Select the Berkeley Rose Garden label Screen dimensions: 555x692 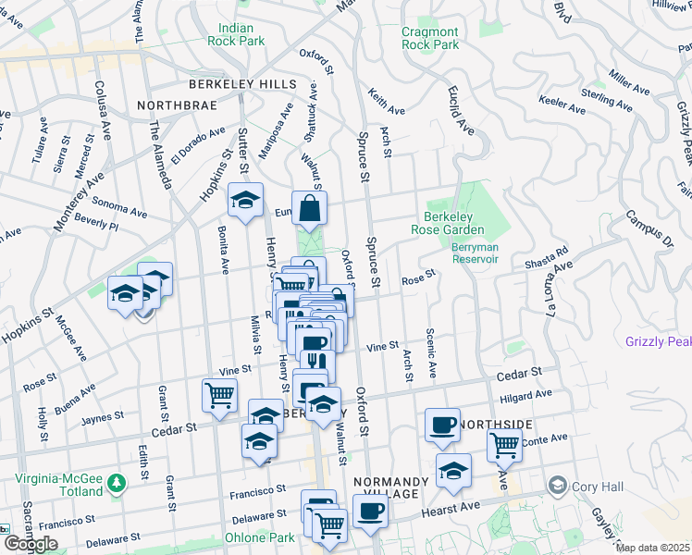(454, 223)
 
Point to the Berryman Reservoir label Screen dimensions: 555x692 (475, 253)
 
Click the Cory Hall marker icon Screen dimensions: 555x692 (557, 485)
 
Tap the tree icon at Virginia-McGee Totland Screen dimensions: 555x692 (116, 483)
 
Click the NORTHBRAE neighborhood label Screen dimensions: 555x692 (176, 105)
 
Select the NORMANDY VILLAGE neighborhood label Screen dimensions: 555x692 (390, 489)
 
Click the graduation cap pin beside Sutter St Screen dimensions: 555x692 (245, 202)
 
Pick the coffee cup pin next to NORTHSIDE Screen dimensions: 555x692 (442, 425)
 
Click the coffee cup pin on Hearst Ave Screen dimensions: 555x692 (370, 512)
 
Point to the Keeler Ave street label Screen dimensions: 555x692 (562, 107)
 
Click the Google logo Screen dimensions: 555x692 (31, 544)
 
